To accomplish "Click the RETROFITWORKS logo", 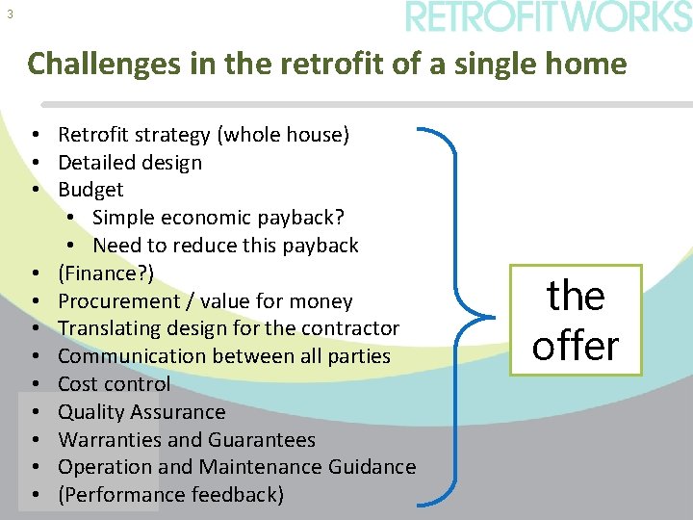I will click(x=548, y=17).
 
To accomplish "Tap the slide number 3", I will click(x=10, y=14).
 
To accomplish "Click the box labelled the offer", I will click(x=577, y=321).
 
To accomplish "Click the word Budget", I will click(x=90, y=190).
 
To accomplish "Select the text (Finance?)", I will click(x=106, y=273).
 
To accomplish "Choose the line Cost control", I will click(x=114, y=384).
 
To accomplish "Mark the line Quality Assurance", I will click(x=141, y=412).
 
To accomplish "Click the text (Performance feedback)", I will click(x=170, y=495).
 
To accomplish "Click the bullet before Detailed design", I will click(x=34, y=163).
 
